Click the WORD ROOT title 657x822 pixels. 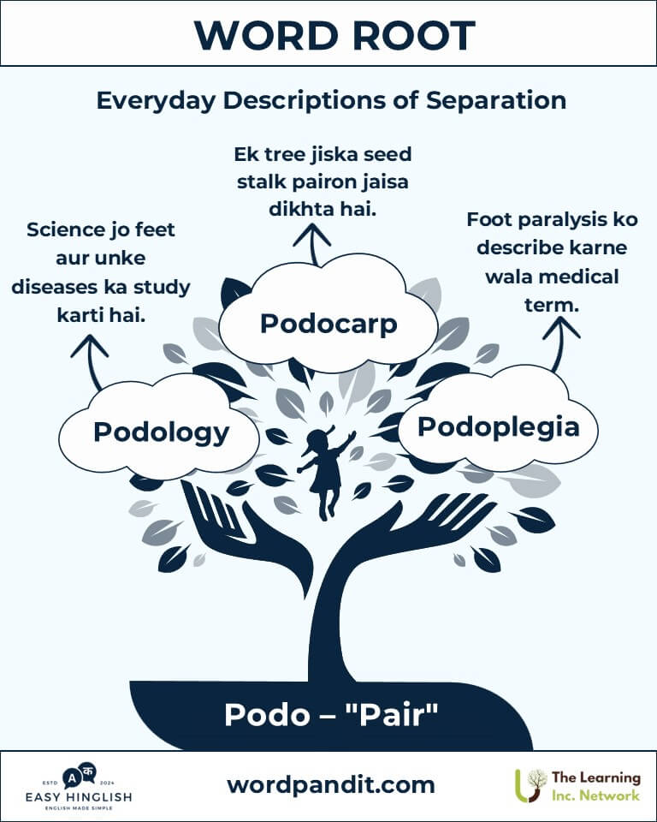(334, 36)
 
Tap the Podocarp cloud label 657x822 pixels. (328, 324)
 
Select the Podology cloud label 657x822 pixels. (162, 433)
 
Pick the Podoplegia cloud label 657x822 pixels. (498, 426)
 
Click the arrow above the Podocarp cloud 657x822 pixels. (312, 244)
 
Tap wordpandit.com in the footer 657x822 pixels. (331, 785)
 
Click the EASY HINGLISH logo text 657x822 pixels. (79, 797)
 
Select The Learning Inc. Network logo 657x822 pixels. (578, 785)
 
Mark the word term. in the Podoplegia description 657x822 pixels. (552, 305)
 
